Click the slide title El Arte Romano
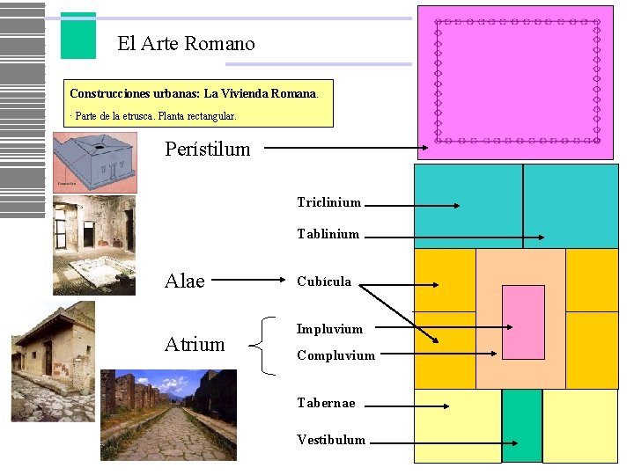[186, 44]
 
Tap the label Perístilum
[208, 150]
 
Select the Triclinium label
[328, 202]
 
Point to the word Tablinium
[328, 234]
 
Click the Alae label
[185, 281]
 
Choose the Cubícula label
[324, 281]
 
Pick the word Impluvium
[329, 329]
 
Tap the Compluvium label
[335, 355]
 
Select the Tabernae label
[326, 403]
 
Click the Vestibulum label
[331, 440]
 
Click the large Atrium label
[195, 344]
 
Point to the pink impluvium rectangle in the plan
[523, 321]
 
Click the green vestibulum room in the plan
[521, 425]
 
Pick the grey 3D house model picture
[94, 162]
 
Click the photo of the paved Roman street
[168, 414]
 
